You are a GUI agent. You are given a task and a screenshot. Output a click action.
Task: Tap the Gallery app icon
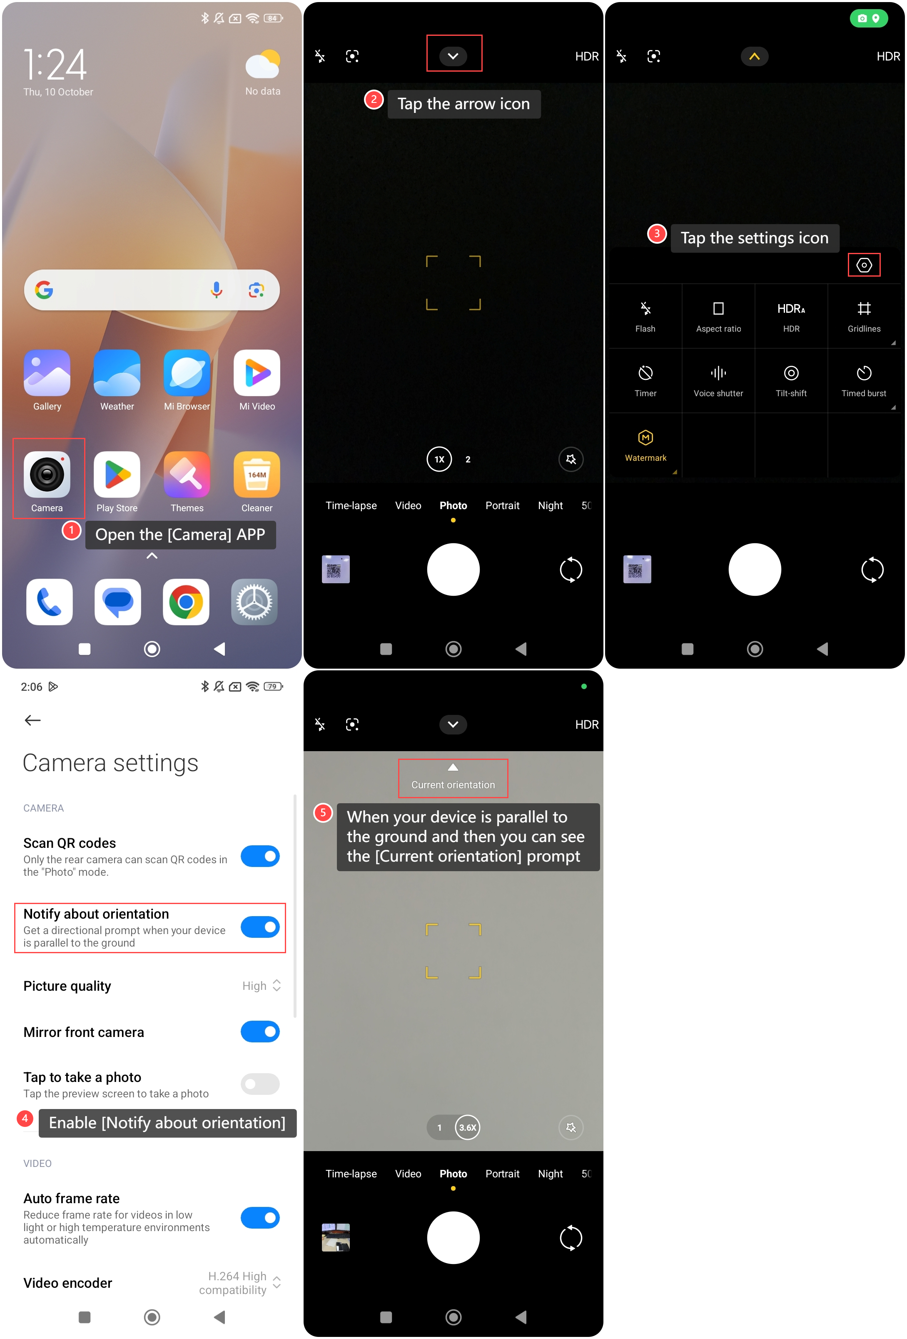coord(47,373)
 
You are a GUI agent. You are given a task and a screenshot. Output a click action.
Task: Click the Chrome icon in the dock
coord(186,602)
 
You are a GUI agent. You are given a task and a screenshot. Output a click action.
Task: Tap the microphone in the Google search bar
coord(217,290)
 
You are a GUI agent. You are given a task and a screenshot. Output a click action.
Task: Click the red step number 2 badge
coord(374,100)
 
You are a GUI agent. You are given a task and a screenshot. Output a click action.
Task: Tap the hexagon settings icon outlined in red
coord(864,265)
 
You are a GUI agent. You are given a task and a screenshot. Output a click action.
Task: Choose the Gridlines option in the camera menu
coord(864,316)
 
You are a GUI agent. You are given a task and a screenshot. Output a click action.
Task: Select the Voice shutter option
coord(718,381)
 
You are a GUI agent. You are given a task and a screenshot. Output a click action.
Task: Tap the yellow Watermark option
coord(645,445)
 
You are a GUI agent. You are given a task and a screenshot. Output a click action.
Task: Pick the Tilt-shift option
coord(791,381)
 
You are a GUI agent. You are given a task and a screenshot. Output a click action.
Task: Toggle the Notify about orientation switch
coord(260,927)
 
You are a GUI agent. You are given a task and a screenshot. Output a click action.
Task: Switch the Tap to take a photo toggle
coord(260,1084)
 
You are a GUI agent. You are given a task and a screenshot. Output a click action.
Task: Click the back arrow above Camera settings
coord(33,720)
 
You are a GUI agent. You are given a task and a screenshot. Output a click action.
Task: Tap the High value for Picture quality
coord(254,986)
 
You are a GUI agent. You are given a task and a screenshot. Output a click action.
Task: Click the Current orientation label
coord(453,785)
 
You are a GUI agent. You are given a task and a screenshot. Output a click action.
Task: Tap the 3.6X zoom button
coord(468,1127)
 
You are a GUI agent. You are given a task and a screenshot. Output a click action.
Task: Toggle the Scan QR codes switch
coord(260,856)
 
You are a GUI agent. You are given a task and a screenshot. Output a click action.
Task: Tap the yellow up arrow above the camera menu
coord(755,57)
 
